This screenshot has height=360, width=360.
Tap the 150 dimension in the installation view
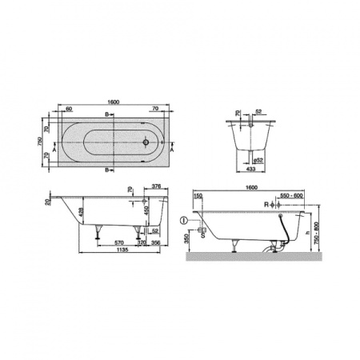[198, 196]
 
